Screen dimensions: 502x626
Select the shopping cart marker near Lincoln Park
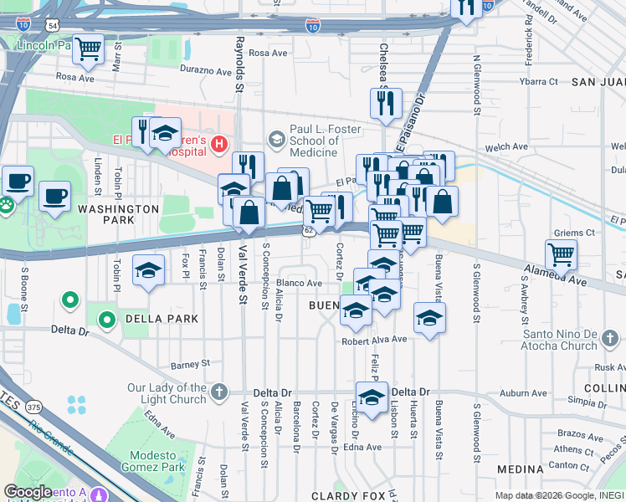[x=88, y=49]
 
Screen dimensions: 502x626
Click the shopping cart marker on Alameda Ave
[x=561, y=254]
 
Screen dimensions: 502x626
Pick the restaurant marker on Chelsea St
[x=385, y=104]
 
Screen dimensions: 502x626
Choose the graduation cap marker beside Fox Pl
[x=148, y=270]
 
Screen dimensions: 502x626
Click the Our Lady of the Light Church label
[x=167, y=393]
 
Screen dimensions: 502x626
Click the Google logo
[x=28, y=492]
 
